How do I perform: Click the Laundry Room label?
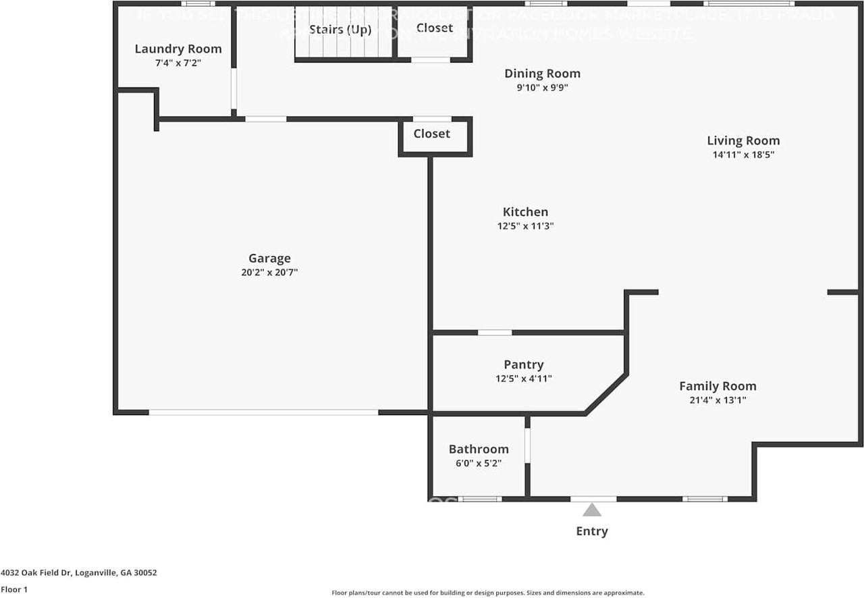click(178, 49)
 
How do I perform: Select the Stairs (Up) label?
click(340, 30)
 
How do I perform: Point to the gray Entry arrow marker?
click(592, 510)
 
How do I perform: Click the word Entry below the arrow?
click(592, 531)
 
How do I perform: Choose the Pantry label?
click(523, 365)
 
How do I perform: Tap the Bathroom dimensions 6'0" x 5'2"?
click(479, 463)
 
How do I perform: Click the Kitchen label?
click(525, 212)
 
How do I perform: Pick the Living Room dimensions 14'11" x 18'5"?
click(743, 155)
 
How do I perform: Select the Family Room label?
click(718, 386)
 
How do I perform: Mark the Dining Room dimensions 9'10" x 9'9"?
click(542, 87)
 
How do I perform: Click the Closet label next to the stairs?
click(435, 28)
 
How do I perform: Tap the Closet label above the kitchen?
click(432, 134)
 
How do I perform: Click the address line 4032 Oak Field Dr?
click(79, 572)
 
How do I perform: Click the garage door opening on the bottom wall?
click(263, 412)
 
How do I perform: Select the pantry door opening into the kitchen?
click(495, 332)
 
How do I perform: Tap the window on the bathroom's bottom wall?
click(480, 499)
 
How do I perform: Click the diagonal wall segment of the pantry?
click(605, 394)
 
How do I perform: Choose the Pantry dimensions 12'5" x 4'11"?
click(523, 379)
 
